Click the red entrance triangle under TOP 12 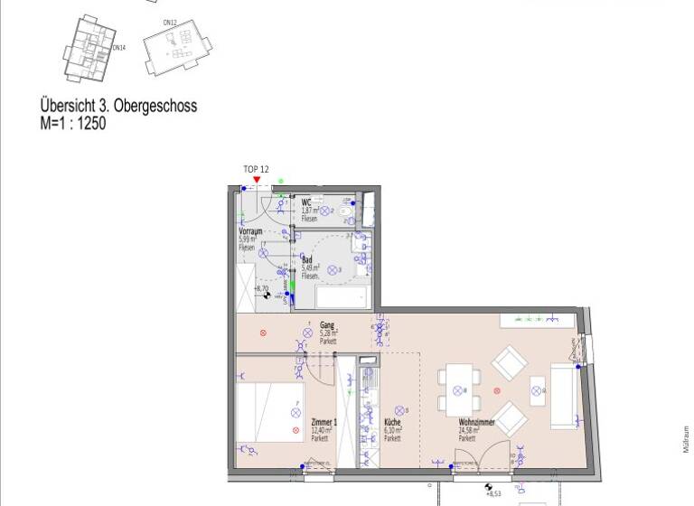258,180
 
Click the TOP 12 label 257,169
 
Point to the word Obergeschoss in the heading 149,107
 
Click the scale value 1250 91,124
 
